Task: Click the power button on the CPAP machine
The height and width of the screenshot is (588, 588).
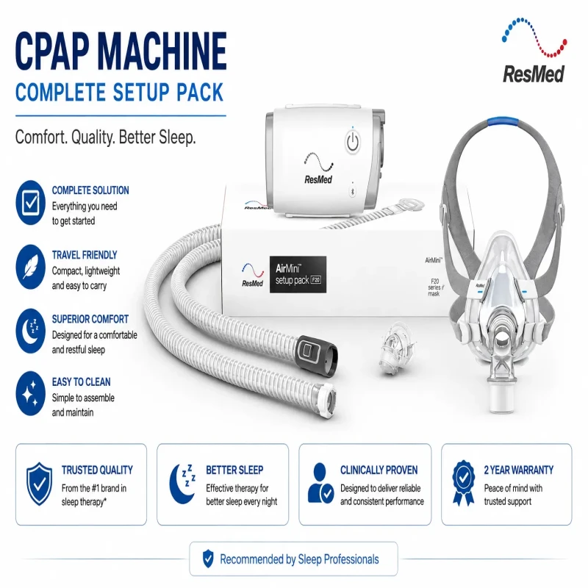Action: (x=352, y=141)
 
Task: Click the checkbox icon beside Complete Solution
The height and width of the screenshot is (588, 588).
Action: (x=30, y=203)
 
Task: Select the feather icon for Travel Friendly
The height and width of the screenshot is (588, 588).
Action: (x=30, y=267)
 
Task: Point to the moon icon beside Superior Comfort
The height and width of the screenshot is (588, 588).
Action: (x=30, y=331)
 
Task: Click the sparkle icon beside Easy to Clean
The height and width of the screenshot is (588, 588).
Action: (x=30, y=393)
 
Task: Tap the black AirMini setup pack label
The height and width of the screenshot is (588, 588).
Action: (x=298, y=274)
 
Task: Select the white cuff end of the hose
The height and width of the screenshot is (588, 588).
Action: (x=326, y=401)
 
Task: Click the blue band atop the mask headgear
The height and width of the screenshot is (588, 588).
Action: (x=503, y=122)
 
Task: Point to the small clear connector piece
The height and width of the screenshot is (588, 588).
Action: (x=396, y=348)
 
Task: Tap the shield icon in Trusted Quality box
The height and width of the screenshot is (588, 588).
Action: (x=39, y=484)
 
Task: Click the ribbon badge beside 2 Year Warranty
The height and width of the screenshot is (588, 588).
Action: (x=464, y=483)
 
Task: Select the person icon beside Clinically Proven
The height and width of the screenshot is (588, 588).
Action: (x=320, y=483)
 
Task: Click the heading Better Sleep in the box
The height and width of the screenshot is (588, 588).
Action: (x=234, y=470)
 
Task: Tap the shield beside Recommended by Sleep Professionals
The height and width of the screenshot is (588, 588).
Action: (x=208, y=559)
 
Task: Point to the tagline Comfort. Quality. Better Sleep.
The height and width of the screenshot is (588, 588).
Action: (x=105, y=137)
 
